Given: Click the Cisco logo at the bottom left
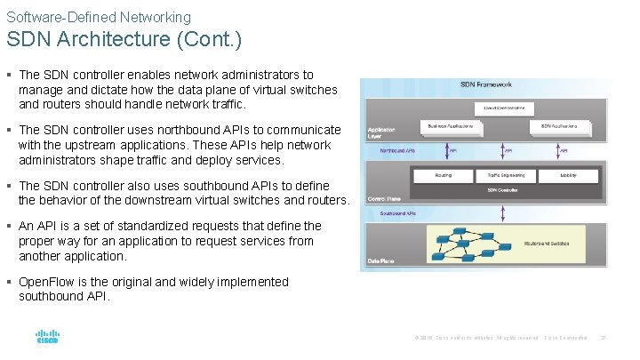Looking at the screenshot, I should pyautogui.click(x=46, y=337).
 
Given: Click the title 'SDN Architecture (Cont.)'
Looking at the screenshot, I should pyautogui.click(x=124, y=40).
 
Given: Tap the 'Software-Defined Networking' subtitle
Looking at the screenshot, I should pyautogui.click(x=99, y=17).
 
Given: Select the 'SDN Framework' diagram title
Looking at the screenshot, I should pyautogui.click(x=485, y=85).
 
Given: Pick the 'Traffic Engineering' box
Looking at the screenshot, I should pyautogui.click(x=500, y=175).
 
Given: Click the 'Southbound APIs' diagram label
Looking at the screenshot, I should pyautogui.click(x=398, y=213).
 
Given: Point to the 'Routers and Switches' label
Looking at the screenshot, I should pyautogui.click(x=548, y=242).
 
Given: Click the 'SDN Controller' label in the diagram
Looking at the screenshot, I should pyautogui.click(x=503, y=189).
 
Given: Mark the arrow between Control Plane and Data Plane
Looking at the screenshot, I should pyautogui.click(x=503, y=213).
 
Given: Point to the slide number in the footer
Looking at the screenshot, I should pyautogui.click(x=604, y=337).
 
